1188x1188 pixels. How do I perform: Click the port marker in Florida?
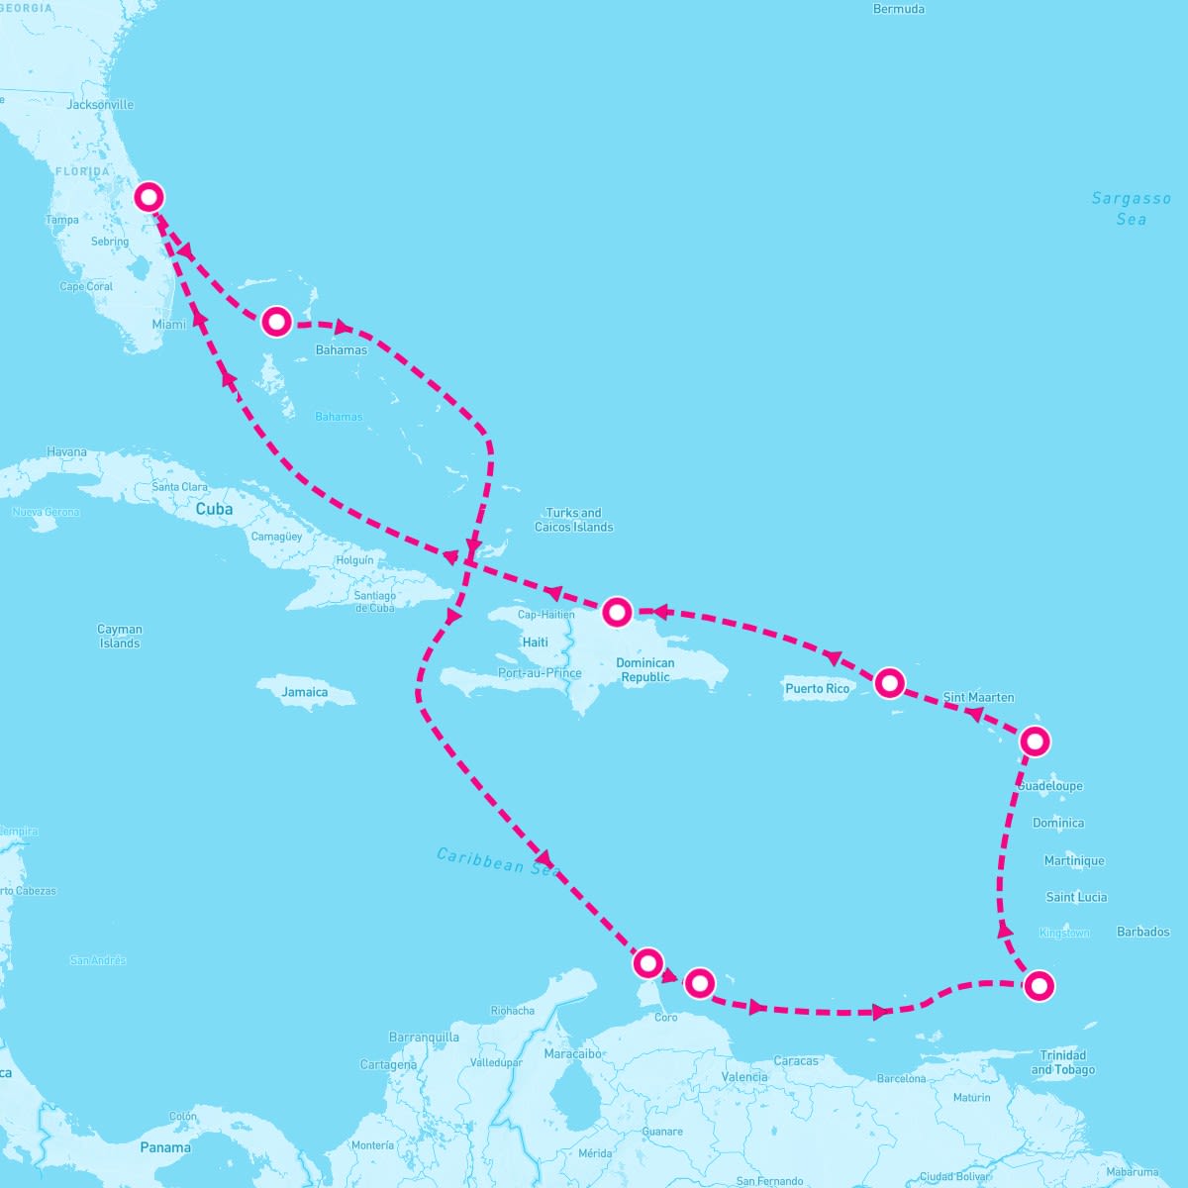(148, 197)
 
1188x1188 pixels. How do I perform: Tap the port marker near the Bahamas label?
(276, 322)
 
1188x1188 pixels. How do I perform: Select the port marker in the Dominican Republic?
(617, 612)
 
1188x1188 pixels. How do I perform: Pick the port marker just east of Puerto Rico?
(890, 682)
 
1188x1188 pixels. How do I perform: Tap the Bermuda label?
(899, 9)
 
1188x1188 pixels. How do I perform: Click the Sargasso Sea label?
(1131, 209)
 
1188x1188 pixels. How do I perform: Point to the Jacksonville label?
(100, 105)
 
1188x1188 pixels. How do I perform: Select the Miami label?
(168, 325)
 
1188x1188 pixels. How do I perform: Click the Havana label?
(67, 452)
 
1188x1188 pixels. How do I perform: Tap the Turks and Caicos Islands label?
(574, 520)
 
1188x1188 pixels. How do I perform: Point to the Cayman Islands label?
(120, 636)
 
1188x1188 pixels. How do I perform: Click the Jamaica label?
(304, 692)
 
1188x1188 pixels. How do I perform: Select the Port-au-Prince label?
(541, 673)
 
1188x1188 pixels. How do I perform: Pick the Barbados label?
(1142, 932)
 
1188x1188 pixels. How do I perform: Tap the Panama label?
(165, 1147)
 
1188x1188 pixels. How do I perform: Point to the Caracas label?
(796, 1061)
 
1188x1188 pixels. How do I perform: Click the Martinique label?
(1074, 861)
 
